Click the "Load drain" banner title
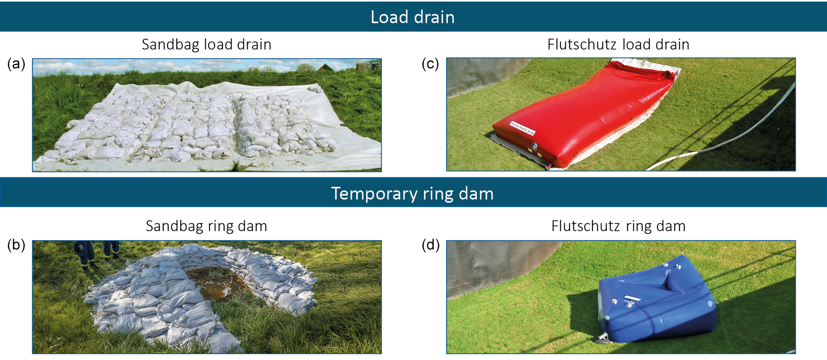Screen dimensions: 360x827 tap(412, 17)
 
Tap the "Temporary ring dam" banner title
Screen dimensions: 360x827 tap(412, 194)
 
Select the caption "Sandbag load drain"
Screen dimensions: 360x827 tap(206, 44)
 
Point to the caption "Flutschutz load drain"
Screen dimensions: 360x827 tap(618, 44)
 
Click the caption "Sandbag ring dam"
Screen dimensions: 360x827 tap(206, 226)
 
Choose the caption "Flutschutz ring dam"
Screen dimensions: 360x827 tap(618, 226)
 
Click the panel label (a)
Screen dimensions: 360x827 tap(16, 64)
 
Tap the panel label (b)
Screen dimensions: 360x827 tap(16, 245)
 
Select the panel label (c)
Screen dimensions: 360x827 tap(431, 64)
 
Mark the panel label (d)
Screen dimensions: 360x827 tap(431, 245)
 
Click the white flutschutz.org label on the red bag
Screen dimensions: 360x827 tap(522, 128)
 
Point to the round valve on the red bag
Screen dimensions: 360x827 tap(535, 146)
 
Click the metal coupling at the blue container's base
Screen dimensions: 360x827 tap(602, 340)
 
